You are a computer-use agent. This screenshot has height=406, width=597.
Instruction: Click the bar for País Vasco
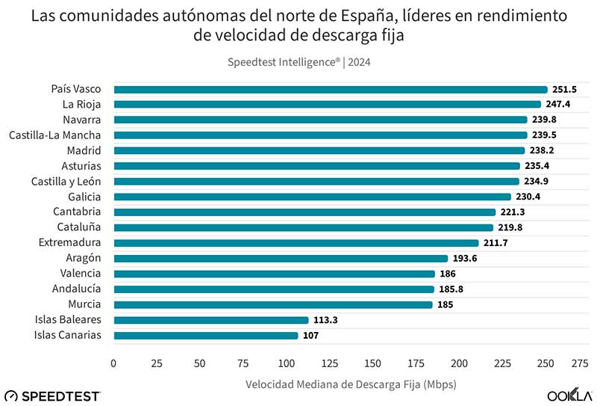[x=330, y=89]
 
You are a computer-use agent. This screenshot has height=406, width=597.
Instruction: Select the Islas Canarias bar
[x=205, y=335]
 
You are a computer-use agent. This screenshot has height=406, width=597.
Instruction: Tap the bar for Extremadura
[x=296, y=243]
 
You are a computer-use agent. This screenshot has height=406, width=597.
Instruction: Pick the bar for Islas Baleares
[x=210, y=320]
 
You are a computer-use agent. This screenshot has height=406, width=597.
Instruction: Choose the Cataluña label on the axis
[x=79, y=227]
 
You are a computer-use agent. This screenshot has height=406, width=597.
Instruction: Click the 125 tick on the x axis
[x=330, y=363]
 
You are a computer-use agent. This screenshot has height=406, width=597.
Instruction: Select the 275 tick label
[x=579, y=363]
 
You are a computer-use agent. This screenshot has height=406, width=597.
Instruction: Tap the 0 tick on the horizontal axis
[x=113, y=363]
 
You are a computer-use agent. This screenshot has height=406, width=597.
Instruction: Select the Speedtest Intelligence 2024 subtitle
[x=298, y=62]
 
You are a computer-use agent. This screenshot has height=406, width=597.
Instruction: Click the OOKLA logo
[x=569, y=395]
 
